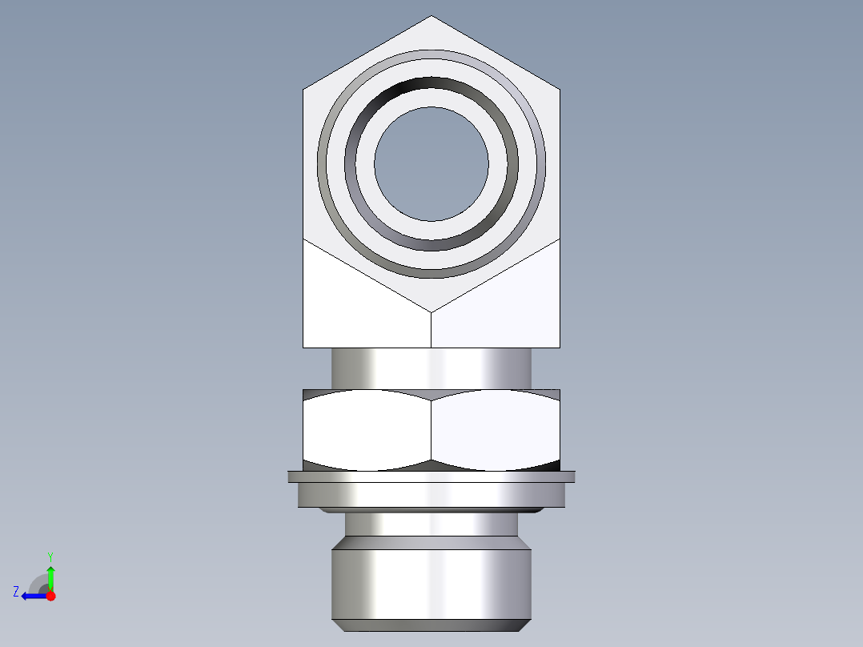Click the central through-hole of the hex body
click(x=431, y=164)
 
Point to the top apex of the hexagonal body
click(x=431, y=17)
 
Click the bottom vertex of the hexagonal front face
click(x=431, y=311)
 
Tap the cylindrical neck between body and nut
click(x=431, y=368)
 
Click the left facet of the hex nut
click(x=367, y=429)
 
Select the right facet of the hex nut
click(x=495, y=429)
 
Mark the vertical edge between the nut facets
click(x=431, y=429)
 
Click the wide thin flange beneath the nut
click(x=431, y=476)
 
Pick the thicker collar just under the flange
click(x=431, y=495)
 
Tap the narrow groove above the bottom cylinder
click(x=431, y=524)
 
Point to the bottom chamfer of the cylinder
click(x=431, y=625)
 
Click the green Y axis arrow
click(x=50, y=576)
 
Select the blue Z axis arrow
click(x=32, y=596)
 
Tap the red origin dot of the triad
click(x=50, y=596)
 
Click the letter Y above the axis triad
click(x=50, y=556)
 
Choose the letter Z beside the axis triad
click(x=16, y=592)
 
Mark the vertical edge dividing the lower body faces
click(x=431, y=329)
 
